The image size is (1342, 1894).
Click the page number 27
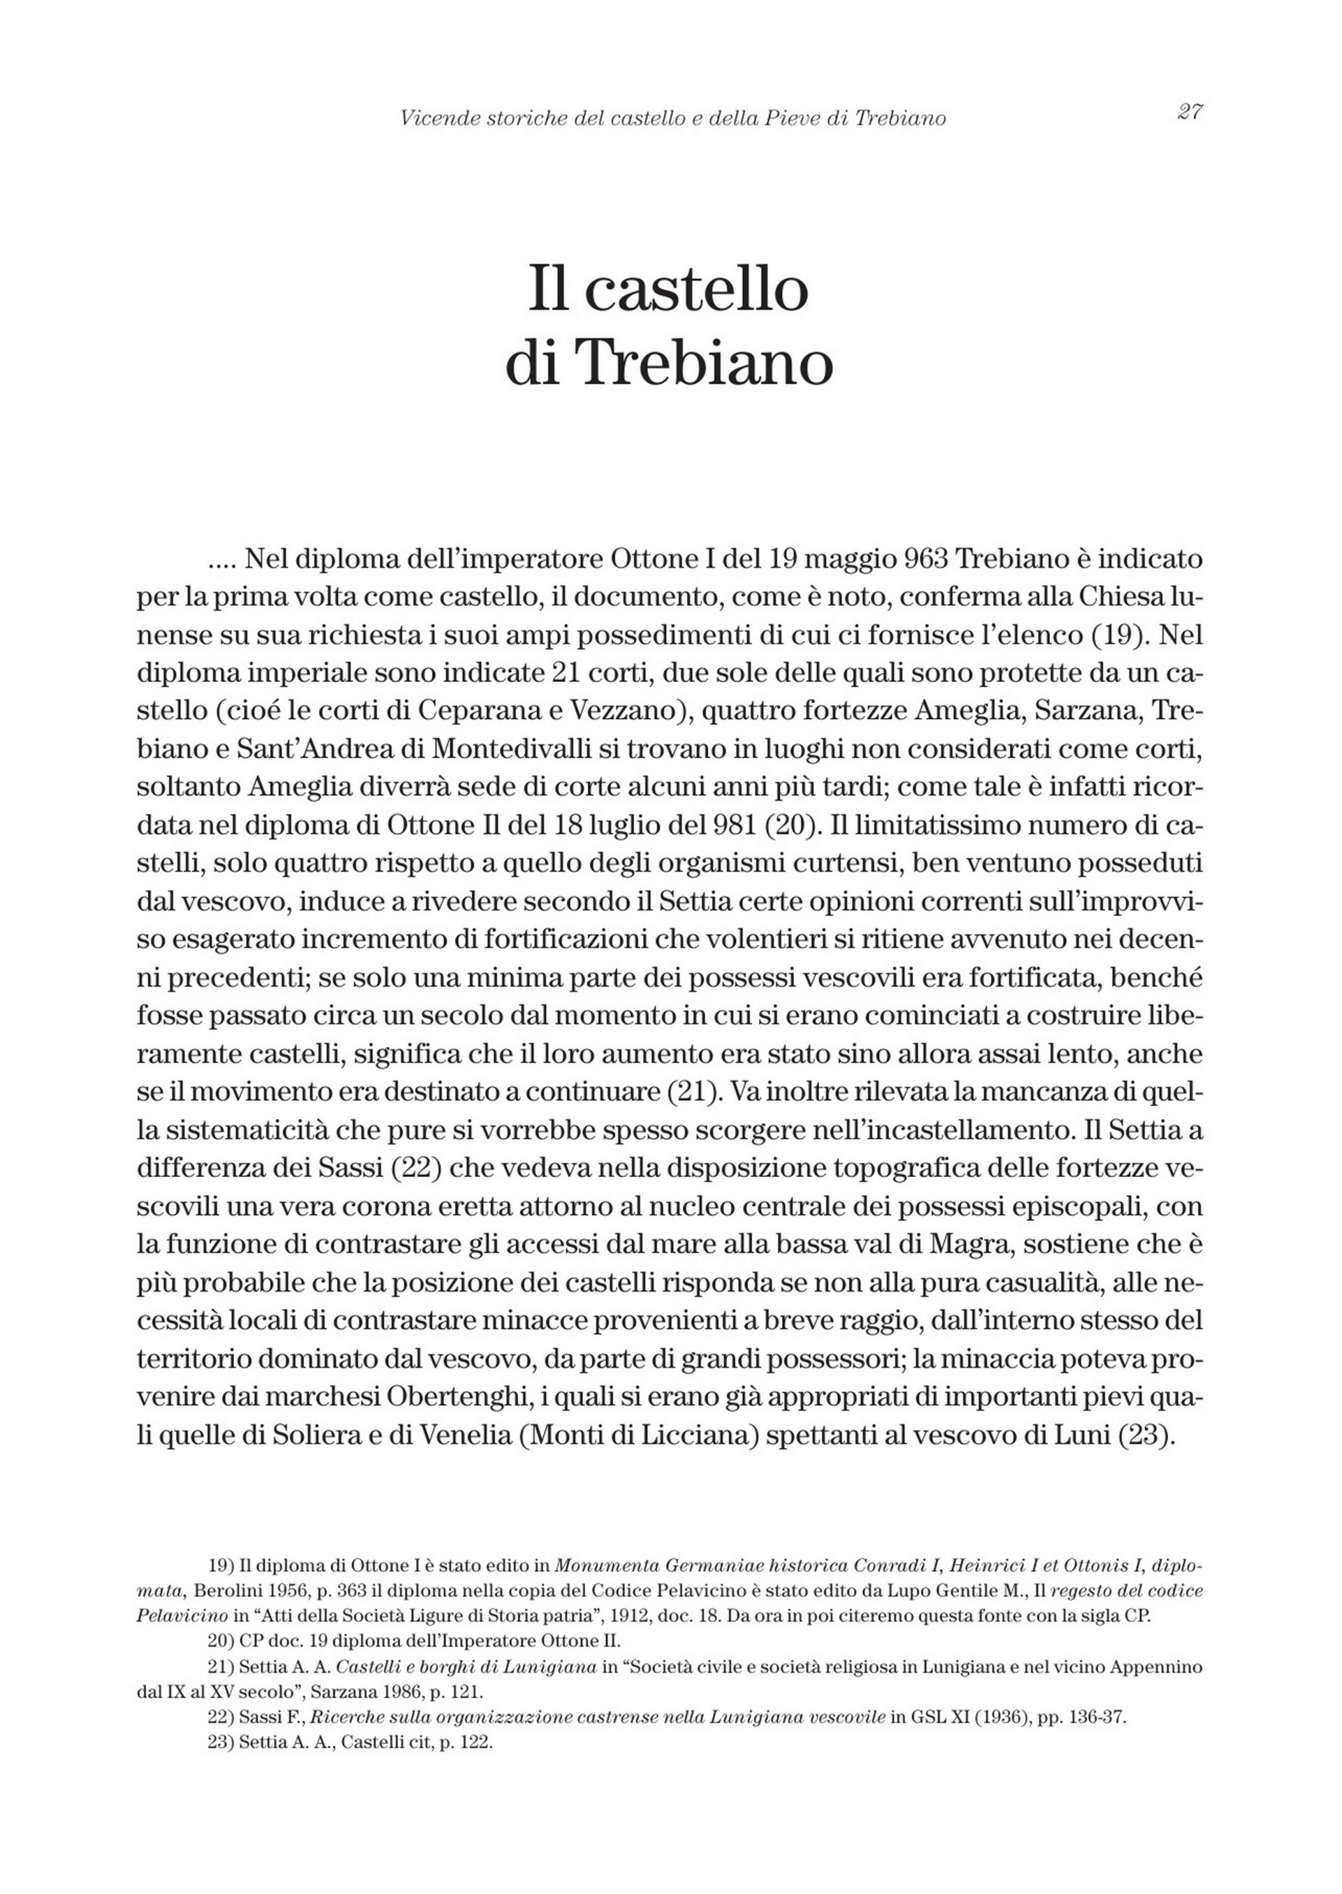(1190, 113)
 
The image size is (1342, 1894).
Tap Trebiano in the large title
(702, 363)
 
